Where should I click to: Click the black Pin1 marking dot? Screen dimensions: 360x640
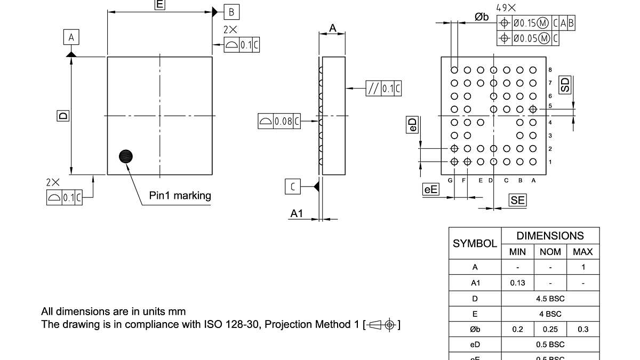point(126,156)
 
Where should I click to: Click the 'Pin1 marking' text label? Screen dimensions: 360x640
point(180,196)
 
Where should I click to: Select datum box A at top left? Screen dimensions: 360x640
point(71,37)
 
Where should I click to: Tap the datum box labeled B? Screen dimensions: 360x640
point(231,12)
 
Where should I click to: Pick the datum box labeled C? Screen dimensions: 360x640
point(293,187)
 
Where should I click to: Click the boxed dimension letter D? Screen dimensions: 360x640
point(63,115)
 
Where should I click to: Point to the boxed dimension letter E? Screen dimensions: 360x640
point(159,5)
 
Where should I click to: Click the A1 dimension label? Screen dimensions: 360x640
point(297,213)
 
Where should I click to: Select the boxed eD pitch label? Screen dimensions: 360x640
point(412,125)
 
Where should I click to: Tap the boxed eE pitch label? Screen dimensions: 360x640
point(431,189)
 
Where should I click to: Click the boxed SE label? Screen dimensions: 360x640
point(517,200)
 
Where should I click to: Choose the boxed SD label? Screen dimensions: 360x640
point(565,84)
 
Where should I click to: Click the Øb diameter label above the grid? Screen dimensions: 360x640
point(482,17)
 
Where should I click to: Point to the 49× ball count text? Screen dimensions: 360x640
point(506,7)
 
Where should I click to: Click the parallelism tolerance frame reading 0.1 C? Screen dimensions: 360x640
point(383,89)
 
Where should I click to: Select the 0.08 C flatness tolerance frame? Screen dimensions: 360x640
point(279,121)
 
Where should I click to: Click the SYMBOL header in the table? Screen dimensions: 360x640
point(475,244)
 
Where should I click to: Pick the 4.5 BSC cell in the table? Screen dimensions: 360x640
point(550,299)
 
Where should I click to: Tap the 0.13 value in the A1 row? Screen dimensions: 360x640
point(517,283)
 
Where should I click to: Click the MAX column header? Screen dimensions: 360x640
point(583,252)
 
